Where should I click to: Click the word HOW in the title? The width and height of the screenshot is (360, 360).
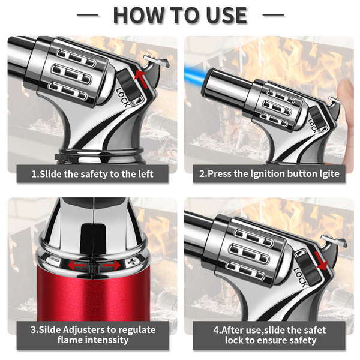point(140,16)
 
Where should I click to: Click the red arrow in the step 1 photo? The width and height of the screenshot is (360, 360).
point(141,79)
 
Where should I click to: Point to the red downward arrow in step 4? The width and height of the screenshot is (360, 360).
point(321,261)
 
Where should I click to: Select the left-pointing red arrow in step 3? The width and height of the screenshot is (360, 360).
point(77,265)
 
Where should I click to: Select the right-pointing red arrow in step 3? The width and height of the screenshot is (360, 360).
point(112,266)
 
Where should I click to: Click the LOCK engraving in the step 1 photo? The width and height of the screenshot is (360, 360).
point(123,98)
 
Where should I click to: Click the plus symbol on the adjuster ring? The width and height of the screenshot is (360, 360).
point(133,262)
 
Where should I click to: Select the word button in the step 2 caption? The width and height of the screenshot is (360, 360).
point(302,173)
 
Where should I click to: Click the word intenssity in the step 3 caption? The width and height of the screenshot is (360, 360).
point(107,340)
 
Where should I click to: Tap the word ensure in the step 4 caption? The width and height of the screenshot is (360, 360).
point(274,340)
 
